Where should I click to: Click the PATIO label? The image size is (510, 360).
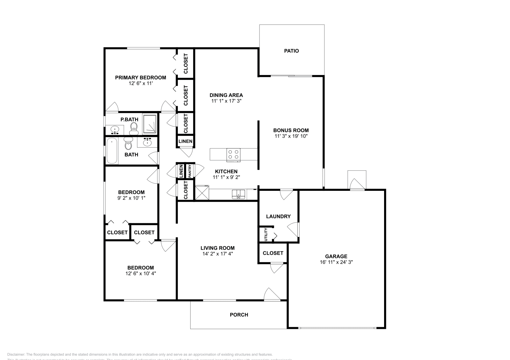(291, 51)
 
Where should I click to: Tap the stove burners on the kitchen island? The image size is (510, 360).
(233, 154)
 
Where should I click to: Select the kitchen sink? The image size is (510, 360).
(238, 194)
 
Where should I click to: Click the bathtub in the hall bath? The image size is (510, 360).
(112, 151)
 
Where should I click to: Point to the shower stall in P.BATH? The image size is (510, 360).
(150, 123)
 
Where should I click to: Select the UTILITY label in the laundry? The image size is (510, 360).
(266, 235)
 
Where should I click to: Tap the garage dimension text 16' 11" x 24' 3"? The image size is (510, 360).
(336, 262)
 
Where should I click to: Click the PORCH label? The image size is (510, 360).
(239, 315)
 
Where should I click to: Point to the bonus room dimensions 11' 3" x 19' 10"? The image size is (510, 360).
(291, 136)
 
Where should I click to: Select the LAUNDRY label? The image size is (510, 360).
(278, 217)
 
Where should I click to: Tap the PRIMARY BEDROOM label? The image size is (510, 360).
(140, 78)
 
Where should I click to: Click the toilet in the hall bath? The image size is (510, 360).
(128, 144)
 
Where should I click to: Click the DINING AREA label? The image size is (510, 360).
(226, 95)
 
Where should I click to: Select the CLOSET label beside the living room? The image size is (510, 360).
(273, 253)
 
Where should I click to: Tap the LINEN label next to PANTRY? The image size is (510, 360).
(181, 171)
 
